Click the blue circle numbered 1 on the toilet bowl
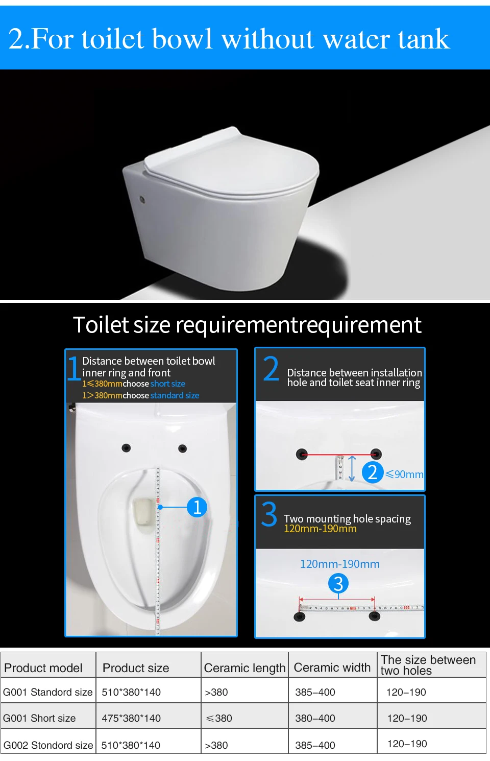tap(197, 507)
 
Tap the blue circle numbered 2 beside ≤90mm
tap(373, 472)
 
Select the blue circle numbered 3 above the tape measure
tap(338, 583)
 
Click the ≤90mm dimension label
tap(404, 474)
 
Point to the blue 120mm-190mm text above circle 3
tap(339, 564)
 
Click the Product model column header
tap(43, 668)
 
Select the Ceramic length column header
tap(244, 668)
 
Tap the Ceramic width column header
tap(332, 667)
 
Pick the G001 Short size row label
tap(39, 718)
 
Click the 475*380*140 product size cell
tap(131, 718)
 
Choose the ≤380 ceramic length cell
tap(219, 718)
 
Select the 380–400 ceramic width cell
tap(315, 718)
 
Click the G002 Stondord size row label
tap(48, 745)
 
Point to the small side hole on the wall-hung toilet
tap(142, 199)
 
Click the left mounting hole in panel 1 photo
tap(126, 448)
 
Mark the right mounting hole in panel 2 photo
tap(376, 454)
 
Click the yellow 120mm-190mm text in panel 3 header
tap(320, 529)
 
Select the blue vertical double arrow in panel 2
tap(352, 469)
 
